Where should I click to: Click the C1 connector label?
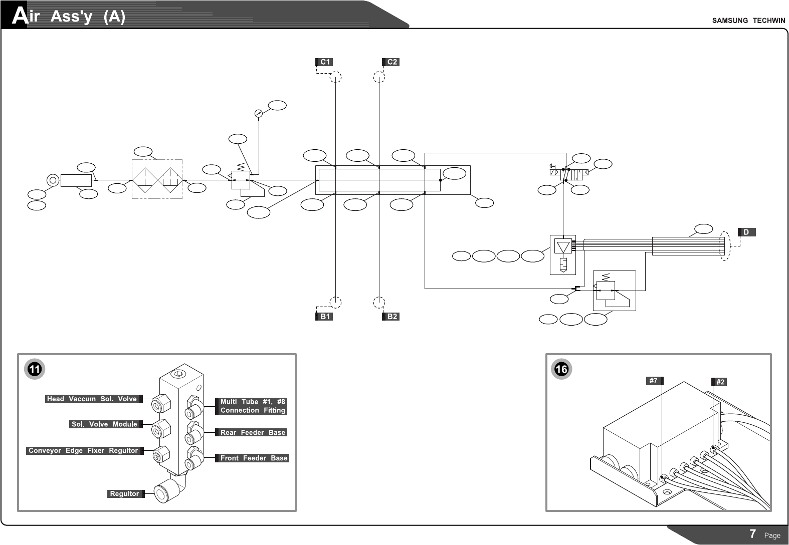click(324, 62)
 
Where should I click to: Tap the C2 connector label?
click(391, 62)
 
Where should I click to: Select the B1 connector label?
click(324, 317)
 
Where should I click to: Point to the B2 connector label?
click(391, 317)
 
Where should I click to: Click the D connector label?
click(746, 232)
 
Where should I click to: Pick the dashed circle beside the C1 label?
click(336, 78)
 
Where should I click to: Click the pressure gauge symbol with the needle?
click(259, 113)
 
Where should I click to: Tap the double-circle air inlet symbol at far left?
click(52, 180)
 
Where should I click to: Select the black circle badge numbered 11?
click(34, 370)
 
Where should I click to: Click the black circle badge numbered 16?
click(561, 370)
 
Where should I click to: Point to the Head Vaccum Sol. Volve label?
click(92, 399)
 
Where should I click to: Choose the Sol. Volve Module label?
click(104, 424)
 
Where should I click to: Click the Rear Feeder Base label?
click(253, 432)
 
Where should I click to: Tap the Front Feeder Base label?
click(254, 458)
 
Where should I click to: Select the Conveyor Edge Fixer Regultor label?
click(83, 451)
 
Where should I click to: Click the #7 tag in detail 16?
click(653, 381)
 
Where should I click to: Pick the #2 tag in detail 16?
click(720, 382)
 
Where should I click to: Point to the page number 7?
click(753, 534)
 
